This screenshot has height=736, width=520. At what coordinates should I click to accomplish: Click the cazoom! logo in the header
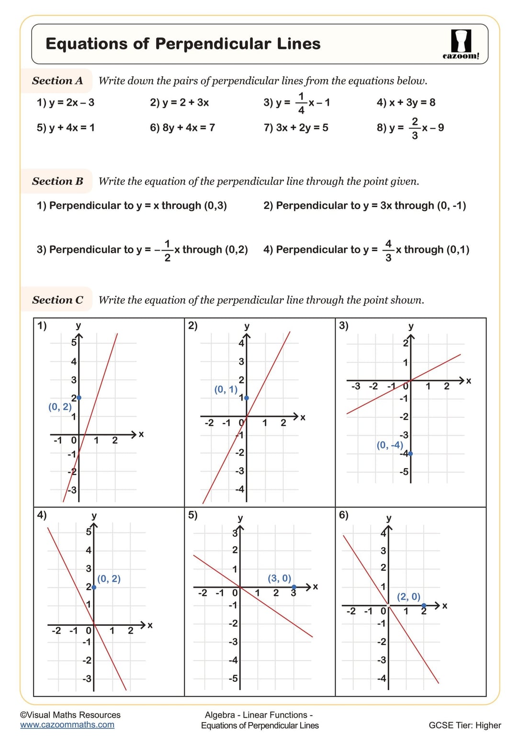(x=461, y=45)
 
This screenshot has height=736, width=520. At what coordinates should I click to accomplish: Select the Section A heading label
(x=57, y=80)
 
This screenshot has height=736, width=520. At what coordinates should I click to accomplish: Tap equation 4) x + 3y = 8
(x=406, y=102)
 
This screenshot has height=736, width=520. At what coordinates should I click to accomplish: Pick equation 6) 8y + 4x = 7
(x=182, y=127)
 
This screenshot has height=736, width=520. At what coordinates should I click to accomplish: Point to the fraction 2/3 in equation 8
(x=415, y=128)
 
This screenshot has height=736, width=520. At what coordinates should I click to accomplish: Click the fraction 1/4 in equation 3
(x=301, y=103)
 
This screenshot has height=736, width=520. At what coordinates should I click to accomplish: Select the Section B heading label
(x=57, y=181)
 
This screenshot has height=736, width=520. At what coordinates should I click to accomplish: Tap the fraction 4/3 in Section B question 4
(x=388, y=250)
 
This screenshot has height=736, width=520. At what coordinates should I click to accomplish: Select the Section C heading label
(x=57, y=300)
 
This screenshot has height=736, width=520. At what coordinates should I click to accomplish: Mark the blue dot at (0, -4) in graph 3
(x=410, y=453)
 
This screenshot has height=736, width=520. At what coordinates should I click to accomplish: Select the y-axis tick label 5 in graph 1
(x=74, y=342)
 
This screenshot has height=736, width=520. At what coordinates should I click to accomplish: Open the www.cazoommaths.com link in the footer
(x=67, y=725)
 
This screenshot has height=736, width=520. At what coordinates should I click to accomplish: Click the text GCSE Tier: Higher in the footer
(x=464, y=725)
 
